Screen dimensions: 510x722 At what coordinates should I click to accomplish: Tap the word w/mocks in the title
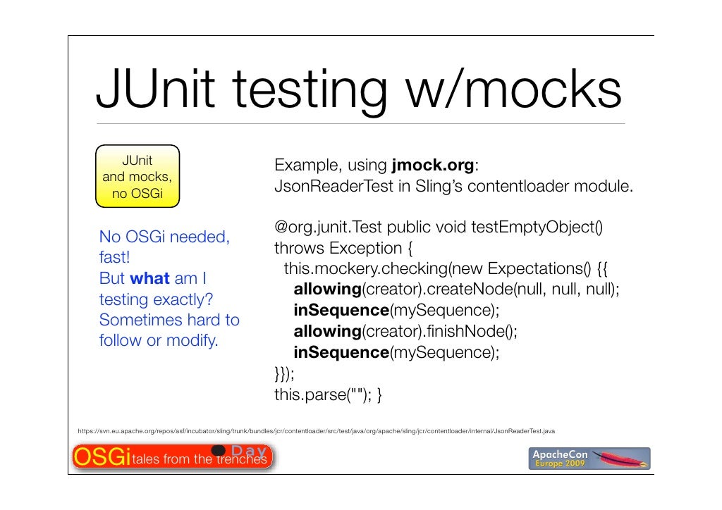tap(513, 91)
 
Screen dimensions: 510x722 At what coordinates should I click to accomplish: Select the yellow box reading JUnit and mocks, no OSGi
tap(137, 175)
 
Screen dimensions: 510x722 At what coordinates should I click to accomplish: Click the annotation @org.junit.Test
tap(329, 228)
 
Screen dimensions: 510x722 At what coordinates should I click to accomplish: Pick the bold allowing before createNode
tap(327, 290)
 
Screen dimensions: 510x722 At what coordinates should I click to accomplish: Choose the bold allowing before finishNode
tap(327, 331)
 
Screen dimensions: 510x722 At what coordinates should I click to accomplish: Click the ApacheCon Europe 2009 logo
tap(590, 458)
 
